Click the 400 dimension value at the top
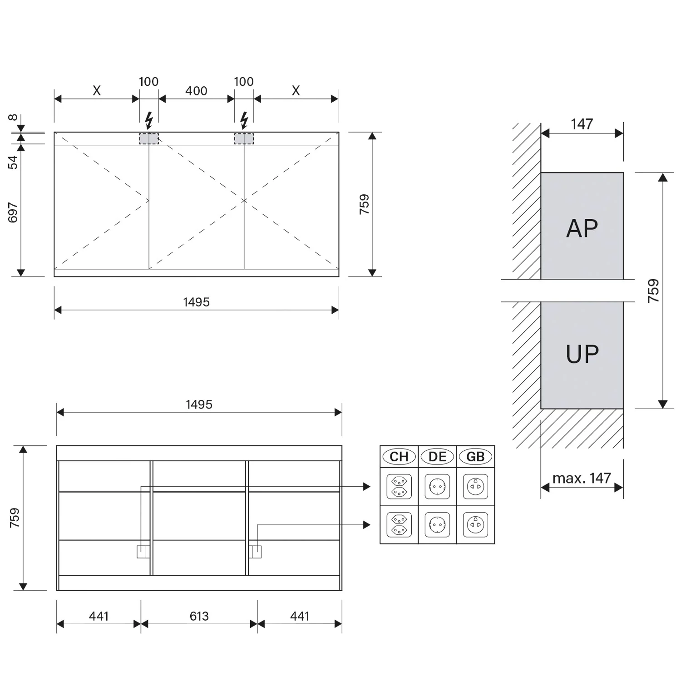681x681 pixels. tap(196, 91)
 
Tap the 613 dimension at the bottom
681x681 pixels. tap(199, 616)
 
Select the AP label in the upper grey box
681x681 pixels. tap(582, 228)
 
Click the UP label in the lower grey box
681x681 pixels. tap(582, 354)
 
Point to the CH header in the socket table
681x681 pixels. tap(399, 457)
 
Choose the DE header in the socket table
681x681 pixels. tap(437, 457)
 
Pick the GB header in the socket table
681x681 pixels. tap(475, 457)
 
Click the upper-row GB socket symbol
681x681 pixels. tap(475, 486)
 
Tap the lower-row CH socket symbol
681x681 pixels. tap(399, 524)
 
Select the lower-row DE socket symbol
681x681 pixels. tap(437, 524)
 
